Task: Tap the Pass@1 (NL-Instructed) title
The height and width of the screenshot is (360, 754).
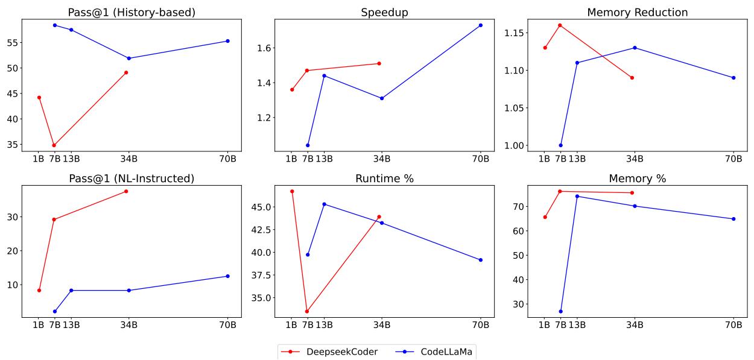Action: [x=130, y=178]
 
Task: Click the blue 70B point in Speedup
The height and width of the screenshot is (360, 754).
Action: [x=481, y=25]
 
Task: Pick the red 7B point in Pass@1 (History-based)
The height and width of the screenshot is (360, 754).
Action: [x=54, y=145]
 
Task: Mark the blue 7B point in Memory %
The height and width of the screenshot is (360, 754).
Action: [x=560, y=311]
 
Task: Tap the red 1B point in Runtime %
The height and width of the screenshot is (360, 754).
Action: [x=292, y=191]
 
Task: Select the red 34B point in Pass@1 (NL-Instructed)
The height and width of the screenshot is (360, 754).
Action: [x=126, y=191]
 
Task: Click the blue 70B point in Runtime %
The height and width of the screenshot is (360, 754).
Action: [x=481, y=260]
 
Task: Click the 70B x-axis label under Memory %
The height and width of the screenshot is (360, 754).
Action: [x=733, y=326]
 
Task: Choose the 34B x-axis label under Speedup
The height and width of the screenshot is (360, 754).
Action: [x=381, y=159]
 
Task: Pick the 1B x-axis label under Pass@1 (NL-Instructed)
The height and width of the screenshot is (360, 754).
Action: [x=39, y=326]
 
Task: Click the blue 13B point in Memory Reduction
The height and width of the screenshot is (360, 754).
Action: [x=577, y=63]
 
